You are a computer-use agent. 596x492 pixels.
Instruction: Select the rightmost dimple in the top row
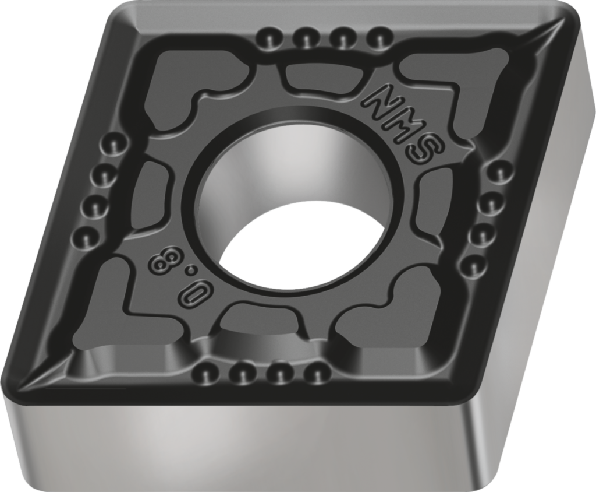point(379,40)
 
